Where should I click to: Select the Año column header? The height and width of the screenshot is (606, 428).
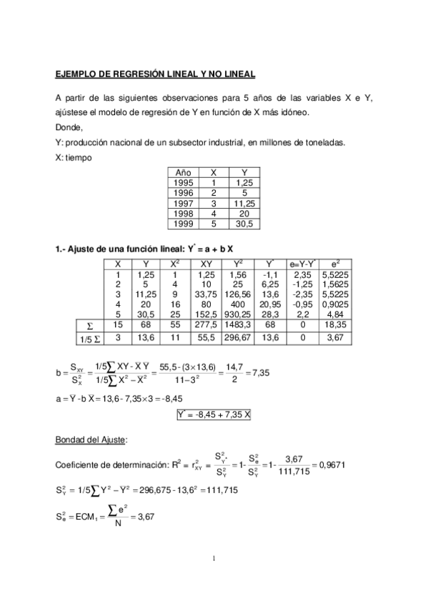pyautogui.click(x=181, y=172)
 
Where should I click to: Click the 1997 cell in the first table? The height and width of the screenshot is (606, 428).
pyautogui.click(x=184, y=203)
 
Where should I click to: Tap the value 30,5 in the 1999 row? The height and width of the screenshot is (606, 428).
pyautogui.click(x=245, y=224)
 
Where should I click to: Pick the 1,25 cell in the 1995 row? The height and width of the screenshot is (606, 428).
pyautogui.click(x=245, y=183)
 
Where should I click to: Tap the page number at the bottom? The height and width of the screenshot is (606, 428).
pyautogui.click(x=214, y=568)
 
